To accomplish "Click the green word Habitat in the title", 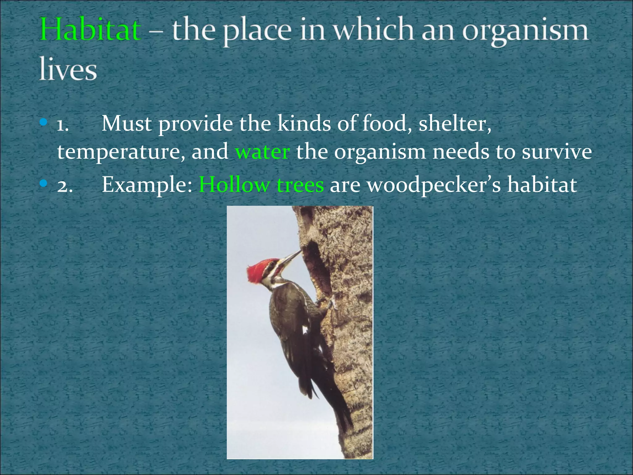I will tap(91, 30).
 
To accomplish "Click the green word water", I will tap(262, 152).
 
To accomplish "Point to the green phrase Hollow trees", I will tap(261, 185).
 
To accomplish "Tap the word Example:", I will tap(147, 185).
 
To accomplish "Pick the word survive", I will tap(556, 152).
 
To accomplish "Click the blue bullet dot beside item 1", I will tap(44, 123).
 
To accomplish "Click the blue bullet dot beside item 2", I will tap(44, 184).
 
